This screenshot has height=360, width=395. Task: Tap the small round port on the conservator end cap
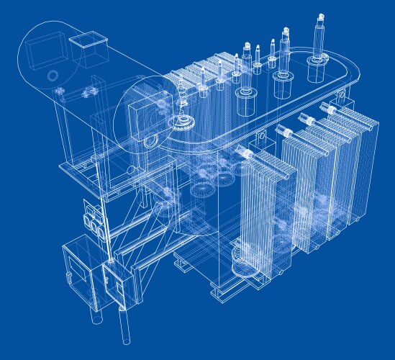click(x=52, y=75)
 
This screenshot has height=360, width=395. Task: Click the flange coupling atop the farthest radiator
click(x=331, y=109)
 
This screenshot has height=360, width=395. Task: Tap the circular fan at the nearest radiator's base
click(x=244, y=270)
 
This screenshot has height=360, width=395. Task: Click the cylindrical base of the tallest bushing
click(x=316, y=71)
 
